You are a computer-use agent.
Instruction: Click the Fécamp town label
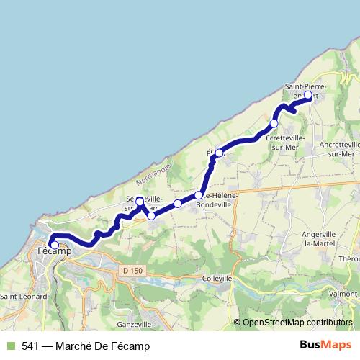pyautogui.click(x=54, y=252)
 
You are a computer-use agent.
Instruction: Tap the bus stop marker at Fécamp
pyautogui.click(x=54, y=245)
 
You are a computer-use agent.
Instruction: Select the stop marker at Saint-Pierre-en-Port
pyautogui.click(x=308, y=95)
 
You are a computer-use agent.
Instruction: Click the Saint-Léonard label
pyautogui.click(x=23, y=296)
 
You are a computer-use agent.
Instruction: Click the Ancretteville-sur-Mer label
pyautogui.click(x=339, y=148)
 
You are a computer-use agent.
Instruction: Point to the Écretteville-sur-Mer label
pyautogui.click(x=285, y=142)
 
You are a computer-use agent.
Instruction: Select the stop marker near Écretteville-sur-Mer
pyautogui.click(x=274, y=124)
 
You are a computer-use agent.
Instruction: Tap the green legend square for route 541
pyautogui.click(x=10, y=346)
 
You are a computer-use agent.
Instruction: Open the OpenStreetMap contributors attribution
pyautogui.click(x=297, y=323)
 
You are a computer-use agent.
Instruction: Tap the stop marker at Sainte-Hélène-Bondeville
pyautogui.click(x=198, y=195)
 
